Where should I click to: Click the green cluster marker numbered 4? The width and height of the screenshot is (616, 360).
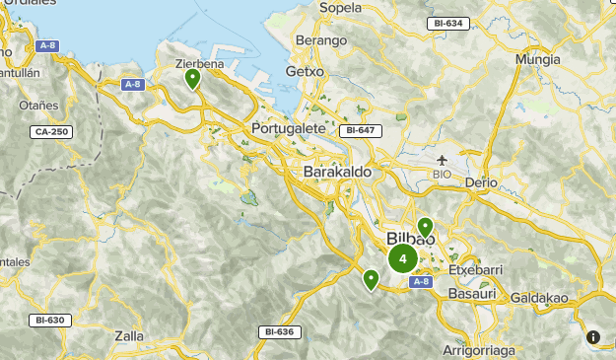click(x=402, y=259)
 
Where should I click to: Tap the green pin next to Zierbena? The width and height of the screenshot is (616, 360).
click(x=193, y=78)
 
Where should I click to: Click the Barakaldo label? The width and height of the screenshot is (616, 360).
click(x=338, y=172)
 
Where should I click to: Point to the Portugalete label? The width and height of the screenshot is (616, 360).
click(x=289, y=128)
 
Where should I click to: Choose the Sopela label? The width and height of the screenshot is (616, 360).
click(x=342, y=8)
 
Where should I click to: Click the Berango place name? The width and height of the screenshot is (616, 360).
click(x=326, y=40)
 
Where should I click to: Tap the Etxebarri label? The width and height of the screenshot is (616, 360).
click(x=476, y=268)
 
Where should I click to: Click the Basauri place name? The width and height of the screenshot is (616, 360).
click(x=468, y=294)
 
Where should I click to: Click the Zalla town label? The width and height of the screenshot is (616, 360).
click(x=129, y=335)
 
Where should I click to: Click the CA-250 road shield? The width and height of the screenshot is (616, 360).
click(x=51, y=131)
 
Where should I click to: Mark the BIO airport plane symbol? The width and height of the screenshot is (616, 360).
click(x=442, y=159)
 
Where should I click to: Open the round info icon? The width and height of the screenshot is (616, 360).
click(x=594, y=337)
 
